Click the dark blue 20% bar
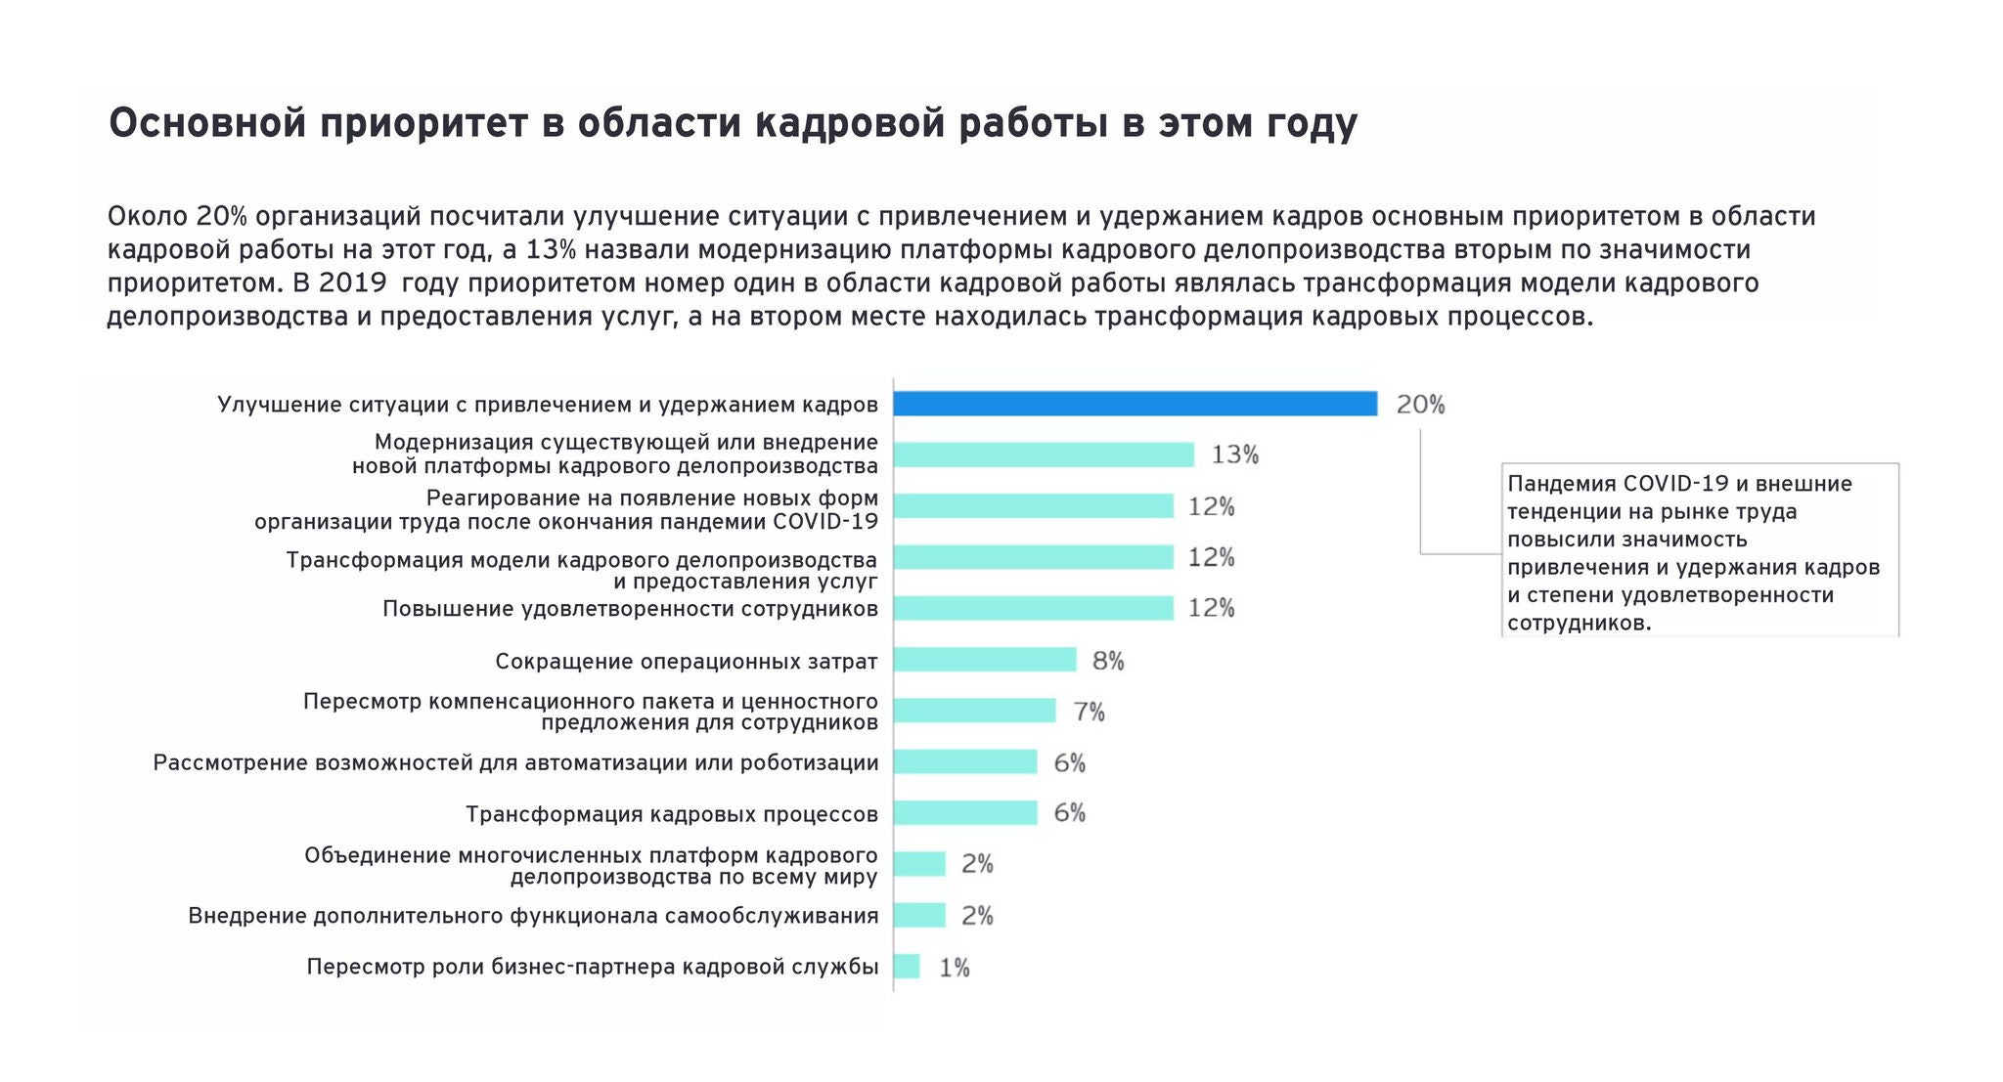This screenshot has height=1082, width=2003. (x=1135, y=404)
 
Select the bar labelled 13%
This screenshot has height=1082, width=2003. (x=1044, y=454)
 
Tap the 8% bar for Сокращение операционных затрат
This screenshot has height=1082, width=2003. (x=985, y=660)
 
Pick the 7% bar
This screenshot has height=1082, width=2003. (x=974, y=711)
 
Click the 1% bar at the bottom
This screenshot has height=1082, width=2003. (x=907, y=967)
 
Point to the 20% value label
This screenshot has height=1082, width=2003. (x=1420, y=405)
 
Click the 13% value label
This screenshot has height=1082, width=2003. (x=1234, y=454)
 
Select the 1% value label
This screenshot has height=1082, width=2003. (x=954, y=968)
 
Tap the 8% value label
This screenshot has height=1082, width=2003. (x=1108, y=661)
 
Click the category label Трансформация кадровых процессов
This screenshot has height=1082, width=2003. (x=672, y=814)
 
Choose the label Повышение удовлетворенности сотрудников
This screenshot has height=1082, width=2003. (x=630, y=609)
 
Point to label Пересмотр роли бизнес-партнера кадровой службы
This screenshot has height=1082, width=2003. (x=593, y=967)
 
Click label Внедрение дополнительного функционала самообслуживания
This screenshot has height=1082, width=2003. (x=533, y=916)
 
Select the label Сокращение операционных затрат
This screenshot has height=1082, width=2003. (x=686, y=662)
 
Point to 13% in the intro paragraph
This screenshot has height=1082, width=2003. (x=551, y=250)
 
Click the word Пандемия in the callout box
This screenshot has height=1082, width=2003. (x=1561, y=484)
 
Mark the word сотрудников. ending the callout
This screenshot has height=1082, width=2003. (x=1579, y=624)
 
